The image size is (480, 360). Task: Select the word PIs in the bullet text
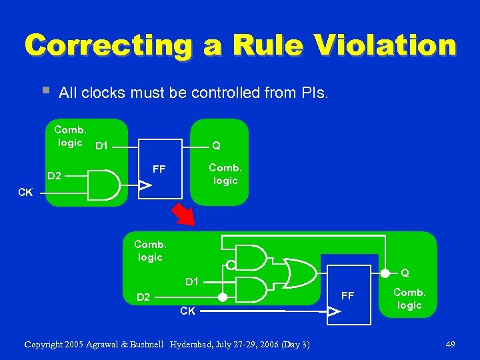click(x=312, y=93)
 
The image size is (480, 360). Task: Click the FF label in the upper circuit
click(x=159, y=169)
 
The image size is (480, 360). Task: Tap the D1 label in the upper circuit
click(x=102, y=145)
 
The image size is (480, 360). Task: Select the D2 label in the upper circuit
click(x=55, y=176)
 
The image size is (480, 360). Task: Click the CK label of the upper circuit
click(x=25, y=193)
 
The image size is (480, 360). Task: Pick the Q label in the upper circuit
click(x=216, y=145)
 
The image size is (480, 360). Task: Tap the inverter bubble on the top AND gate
click(x=230, y=265)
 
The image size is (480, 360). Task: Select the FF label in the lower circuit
click(x=348, y=295)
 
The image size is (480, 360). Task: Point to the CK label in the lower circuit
click(x=188, y=311)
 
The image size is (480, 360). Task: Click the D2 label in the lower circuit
click(x=143, y=297)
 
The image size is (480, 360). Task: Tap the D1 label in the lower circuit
click(x=192, y=282)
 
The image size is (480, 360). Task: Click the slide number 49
click(x=450, y=344)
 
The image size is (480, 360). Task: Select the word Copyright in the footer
click(x=48, y=344)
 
